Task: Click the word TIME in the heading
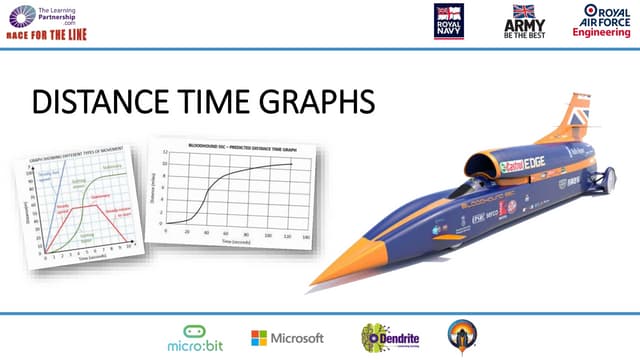[211, 103]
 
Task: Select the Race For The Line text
[47, 32]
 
